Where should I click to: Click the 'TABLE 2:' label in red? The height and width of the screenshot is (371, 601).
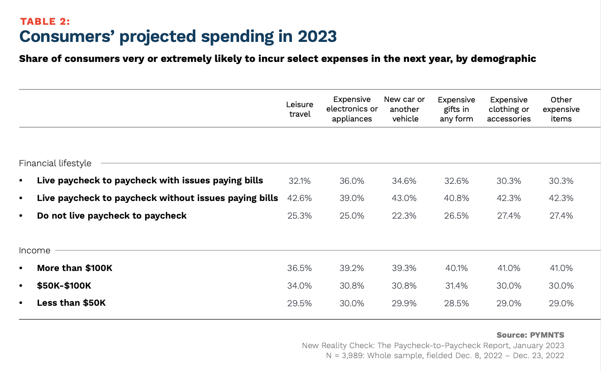coord(45,21)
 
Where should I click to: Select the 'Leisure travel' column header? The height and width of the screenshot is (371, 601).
coord(300,109)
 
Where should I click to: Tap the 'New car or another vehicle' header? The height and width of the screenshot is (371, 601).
coord(404,109)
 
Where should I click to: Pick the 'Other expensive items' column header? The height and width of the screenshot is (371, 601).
coord(561,109)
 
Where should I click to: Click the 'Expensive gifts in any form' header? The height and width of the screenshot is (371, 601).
coord(456,109)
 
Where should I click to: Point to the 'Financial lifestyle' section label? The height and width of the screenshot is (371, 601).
coord(55,163)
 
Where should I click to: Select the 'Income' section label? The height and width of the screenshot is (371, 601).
coord(35,250)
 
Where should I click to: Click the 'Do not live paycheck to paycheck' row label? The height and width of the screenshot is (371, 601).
coord(111,216)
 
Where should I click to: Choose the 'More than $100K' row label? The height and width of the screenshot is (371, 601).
coord(74,268)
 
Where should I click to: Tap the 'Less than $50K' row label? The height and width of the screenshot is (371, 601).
coord(71,303)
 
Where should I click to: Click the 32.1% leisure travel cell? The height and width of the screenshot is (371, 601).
coord(300,181)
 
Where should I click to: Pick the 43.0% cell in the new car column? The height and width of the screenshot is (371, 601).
coord(404,198)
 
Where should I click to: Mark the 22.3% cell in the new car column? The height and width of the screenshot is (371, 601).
coord(404,216)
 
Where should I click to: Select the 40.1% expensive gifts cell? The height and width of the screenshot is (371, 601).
coord(456,268)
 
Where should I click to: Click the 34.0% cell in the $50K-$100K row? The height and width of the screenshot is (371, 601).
coord(300,286)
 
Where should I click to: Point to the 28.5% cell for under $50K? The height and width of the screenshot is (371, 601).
coord(456,303)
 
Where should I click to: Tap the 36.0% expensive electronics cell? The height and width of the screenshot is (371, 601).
coord(352,181)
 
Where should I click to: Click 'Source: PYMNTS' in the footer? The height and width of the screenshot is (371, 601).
coord(530,335)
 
